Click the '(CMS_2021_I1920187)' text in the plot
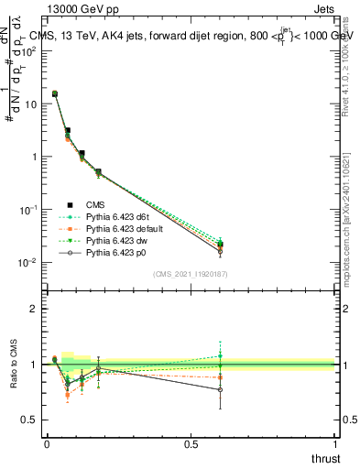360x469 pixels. click(191, 273)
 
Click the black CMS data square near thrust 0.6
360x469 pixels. click(220, 244)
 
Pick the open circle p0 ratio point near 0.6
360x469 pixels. click(220, 389)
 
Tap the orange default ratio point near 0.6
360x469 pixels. click(220, 377)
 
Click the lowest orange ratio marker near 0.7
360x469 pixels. click(68, 396)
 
